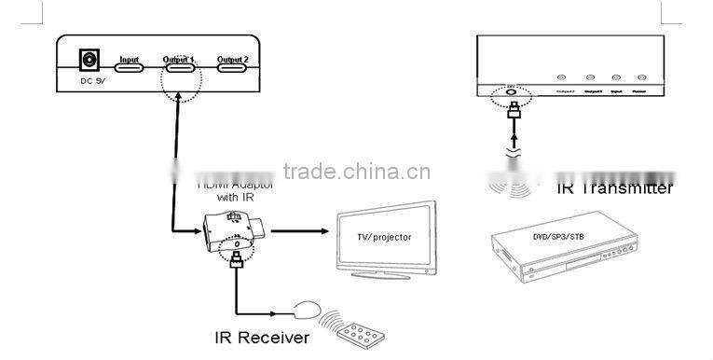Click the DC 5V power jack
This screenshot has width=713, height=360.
[90, 62]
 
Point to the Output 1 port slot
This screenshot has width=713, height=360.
[180, 65]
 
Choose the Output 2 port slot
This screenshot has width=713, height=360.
[232, 65]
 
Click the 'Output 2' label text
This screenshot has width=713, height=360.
[232, 58]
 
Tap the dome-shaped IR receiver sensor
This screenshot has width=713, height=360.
[309, 308]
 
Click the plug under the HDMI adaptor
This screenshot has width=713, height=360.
[238, 260]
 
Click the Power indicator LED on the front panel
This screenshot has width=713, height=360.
[640, 78]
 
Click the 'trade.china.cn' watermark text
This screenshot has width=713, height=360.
[355, 172]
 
